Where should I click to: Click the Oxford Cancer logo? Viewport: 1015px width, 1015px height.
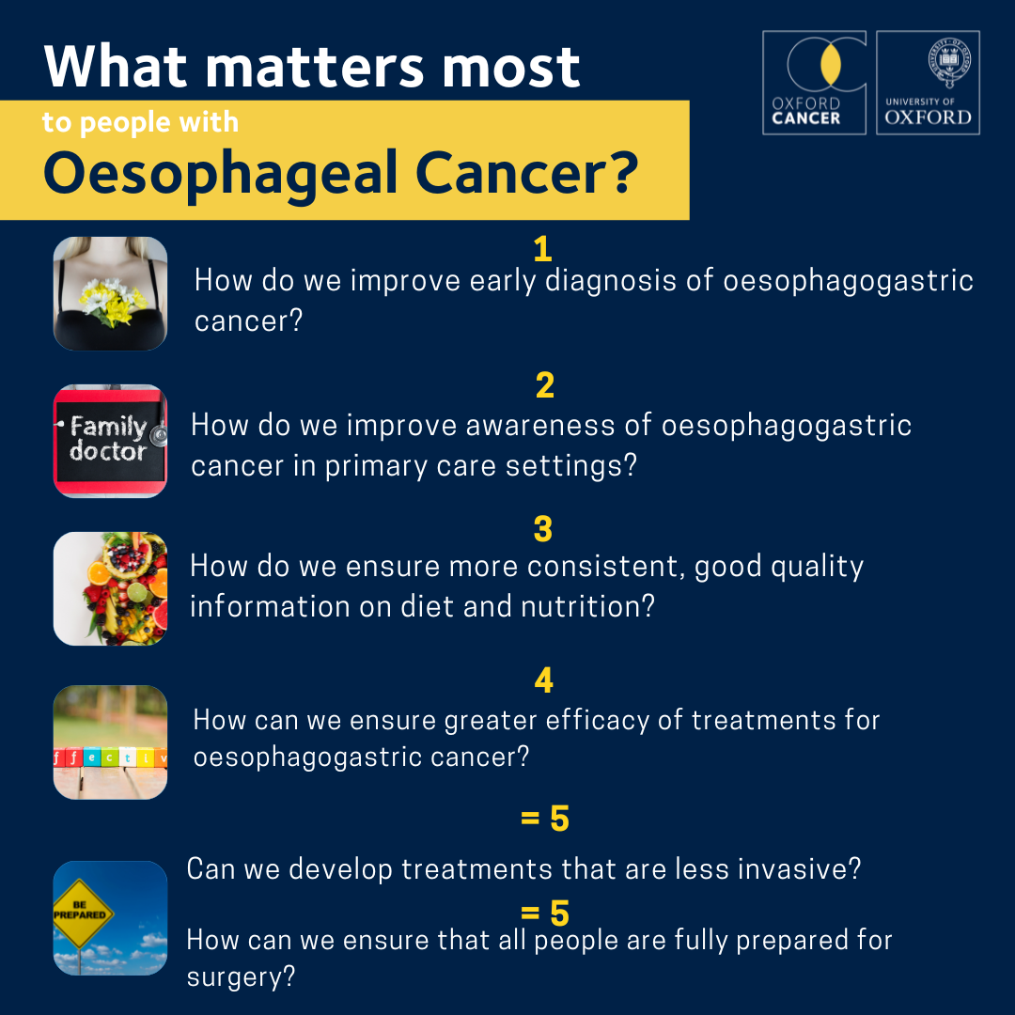pyautogui.click(x=814, y=82)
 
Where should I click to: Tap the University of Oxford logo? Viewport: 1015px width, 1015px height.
pyautogui.click(x=928, y=82)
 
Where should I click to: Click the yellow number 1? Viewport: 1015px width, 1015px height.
pyautogui.click(x=542, y=249)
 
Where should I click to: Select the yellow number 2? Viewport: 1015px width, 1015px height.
pyautogui.click(x=545, y=385)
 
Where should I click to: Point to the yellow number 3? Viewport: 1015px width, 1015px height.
pyautogui.click(x=543, y=529)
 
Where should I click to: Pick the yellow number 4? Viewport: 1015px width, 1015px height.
pyautogui.click(x=544, y=680)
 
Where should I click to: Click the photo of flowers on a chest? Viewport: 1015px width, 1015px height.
pyautogui.click(x=110, y=293)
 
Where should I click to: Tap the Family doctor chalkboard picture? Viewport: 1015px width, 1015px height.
pyautogui.click(x=110, y=441)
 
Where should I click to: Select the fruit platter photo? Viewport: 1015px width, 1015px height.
pyautogui.click(x=110, y=588)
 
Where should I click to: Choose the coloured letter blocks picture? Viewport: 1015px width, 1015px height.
pyautogui.click(x=110, y=742)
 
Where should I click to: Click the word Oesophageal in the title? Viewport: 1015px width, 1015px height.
pyautogui.click(x=220, y=174)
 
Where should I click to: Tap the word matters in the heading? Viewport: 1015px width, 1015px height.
pyautogui.click(x=315, y=67)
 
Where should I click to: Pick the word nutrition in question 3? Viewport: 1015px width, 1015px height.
pyautogui.click(x=587, y=606)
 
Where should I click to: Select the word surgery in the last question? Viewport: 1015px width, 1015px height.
pyautogui.click(x=241, y=977)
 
